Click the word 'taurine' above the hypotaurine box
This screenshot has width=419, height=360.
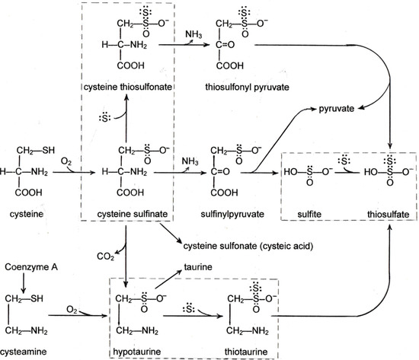pos(196,268)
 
